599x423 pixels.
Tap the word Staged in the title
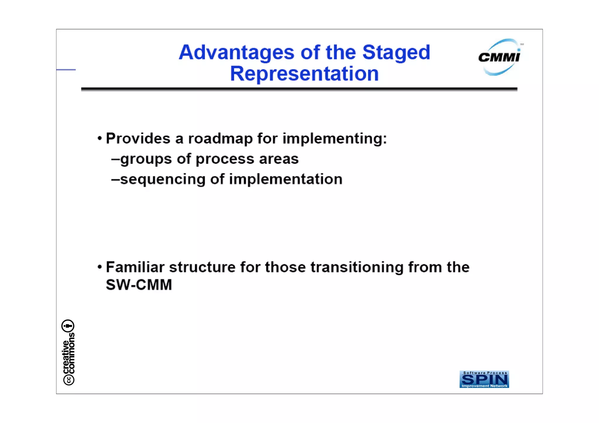tap(396, 53)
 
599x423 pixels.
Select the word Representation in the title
tap(304, 74)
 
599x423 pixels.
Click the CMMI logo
tap(500, 57)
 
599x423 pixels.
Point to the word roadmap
tap(220, 139)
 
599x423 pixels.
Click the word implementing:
tap(335, 139)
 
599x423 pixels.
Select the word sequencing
tap(163, 179)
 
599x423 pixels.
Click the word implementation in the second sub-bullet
tap(285, 179)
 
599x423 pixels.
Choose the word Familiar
tap(135, 267)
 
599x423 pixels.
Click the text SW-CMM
tap(139, 285)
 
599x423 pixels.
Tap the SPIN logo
tap(484, 379)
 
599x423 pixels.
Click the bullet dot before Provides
tap(100, 138)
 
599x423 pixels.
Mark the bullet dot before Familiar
tap(100, 267)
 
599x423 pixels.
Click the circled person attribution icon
tap(68, 326)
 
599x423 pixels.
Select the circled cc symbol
tap(69, 380)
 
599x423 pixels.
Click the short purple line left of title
tap(66, 70)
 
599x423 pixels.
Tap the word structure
tap(202, 267)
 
